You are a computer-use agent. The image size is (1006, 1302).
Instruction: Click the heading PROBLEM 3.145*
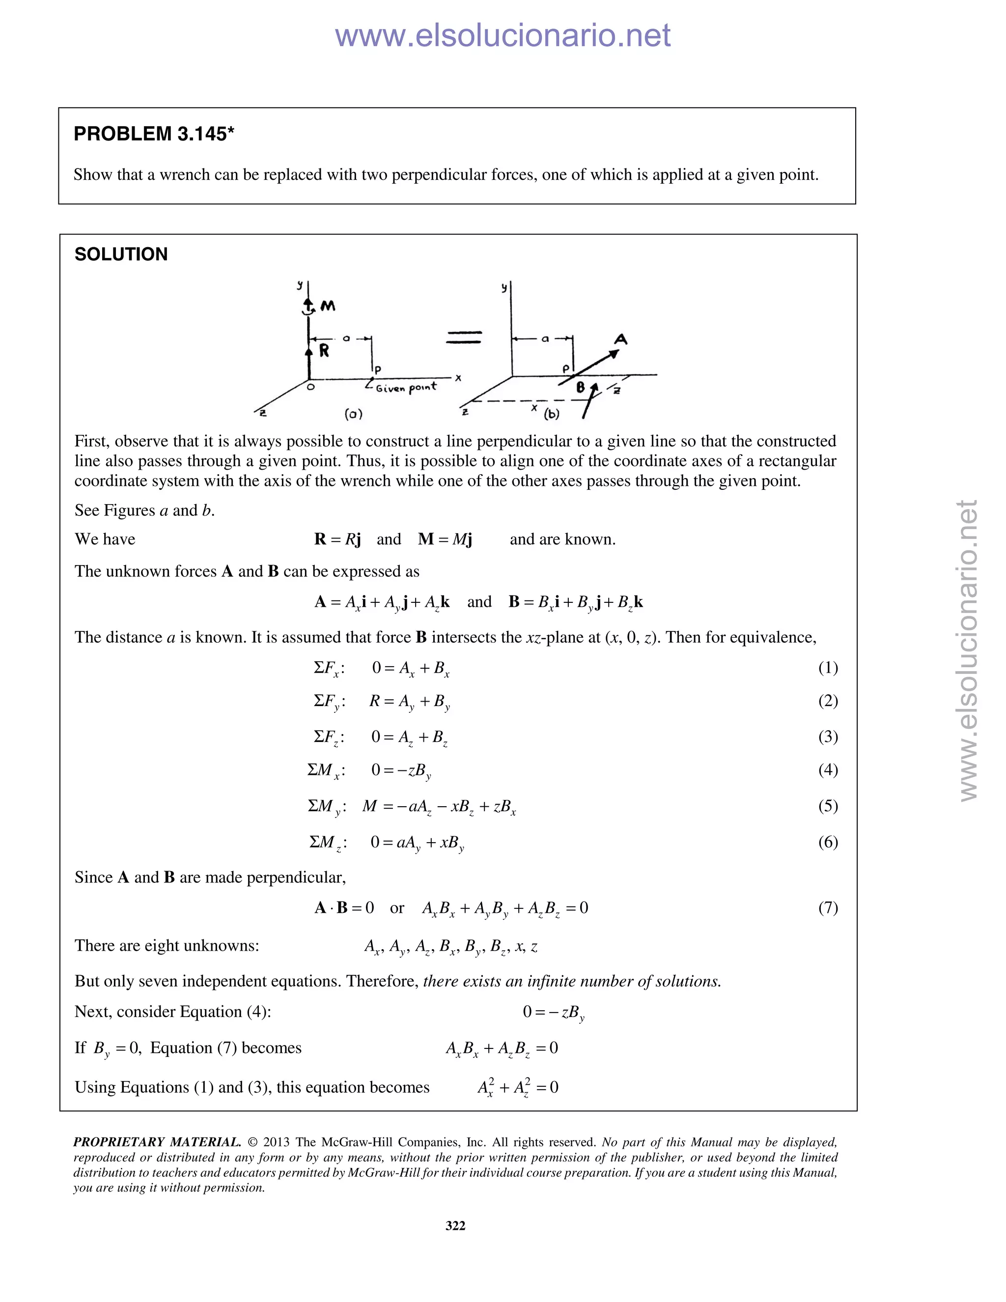point(154,134)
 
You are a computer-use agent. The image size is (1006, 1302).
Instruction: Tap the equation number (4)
point(828,769)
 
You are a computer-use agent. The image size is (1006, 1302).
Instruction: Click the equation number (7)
point(828,907)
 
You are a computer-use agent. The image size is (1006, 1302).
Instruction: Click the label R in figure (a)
point(324,350)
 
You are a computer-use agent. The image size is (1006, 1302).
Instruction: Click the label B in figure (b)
point(580,388)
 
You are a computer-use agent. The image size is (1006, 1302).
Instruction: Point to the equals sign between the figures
point(463,338)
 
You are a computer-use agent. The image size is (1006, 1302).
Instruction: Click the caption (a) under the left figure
point(353,413)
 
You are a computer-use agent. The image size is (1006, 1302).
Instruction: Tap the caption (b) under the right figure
point(551,413)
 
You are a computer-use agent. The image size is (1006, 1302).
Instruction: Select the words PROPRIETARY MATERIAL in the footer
point(157,1142)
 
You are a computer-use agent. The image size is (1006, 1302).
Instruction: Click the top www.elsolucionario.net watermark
point(503,35)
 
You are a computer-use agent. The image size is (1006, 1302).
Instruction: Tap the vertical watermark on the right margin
point(969,650)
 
